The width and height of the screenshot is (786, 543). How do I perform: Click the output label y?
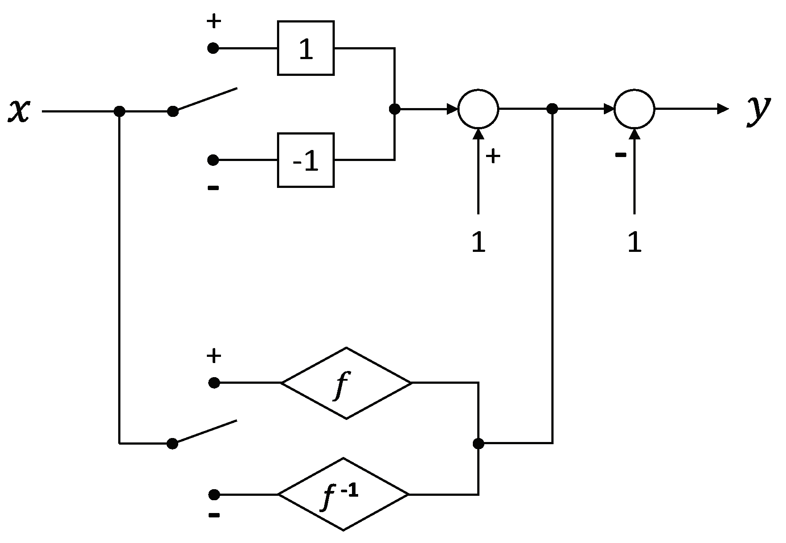(x=758, y=110)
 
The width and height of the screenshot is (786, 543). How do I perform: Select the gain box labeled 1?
(x=306, y=48)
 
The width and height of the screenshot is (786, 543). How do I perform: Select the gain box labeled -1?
(x=306, y=160)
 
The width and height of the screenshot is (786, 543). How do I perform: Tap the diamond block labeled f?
(x=346, y=383)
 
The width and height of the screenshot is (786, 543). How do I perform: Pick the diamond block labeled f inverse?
(x=343, y=494)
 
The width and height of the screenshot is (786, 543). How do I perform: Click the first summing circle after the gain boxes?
(x=478, y=109)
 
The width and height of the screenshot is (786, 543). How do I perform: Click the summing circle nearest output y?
(x=634, y=109)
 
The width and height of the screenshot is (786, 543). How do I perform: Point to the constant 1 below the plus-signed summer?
(x=478, y=242)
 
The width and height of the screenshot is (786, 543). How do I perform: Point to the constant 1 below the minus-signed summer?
(x=634, y=242)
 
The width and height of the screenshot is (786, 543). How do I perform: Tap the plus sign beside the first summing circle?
(x=493, y=156)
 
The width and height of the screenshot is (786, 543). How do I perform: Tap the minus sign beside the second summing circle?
(x=620, y=155)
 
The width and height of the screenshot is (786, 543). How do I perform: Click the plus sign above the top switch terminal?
(x=213, y=21)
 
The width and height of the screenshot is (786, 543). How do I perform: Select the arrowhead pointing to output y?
(x=723, y=109)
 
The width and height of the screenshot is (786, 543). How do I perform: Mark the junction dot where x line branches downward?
(x=119, y=111)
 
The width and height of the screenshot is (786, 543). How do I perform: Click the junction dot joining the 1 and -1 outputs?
(x=395, y=109)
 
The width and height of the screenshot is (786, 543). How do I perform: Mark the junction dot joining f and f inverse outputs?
(x=478, y=443)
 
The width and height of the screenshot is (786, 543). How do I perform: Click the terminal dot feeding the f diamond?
(x=214, y=383)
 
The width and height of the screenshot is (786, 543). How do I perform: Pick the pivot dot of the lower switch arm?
(x=172, y=443)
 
